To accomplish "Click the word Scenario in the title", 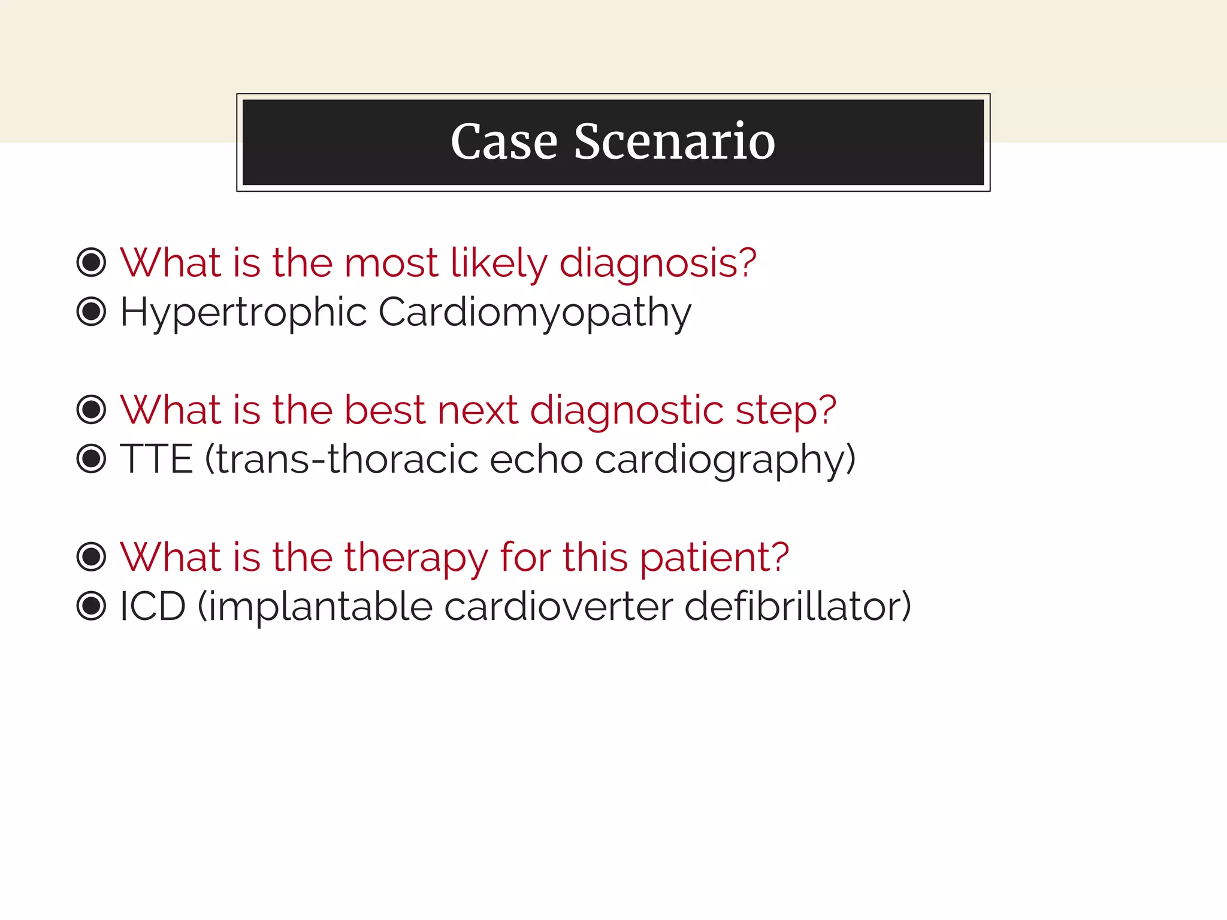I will pyautogui.click(x=675, y=142).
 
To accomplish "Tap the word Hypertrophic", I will pyautogui.click(x=243, y=313).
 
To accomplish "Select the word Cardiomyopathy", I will pyautogui.click(x=534, y=313).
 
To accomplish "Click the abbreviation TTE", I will pyautogui.click(x=156, y=459).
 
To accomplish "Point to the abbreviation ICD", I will pyautogui.click(x=153, y=606).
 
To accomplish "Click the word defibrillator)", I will pyautogui.click(x=797, y=606).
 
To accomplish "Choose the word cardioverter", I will pyautogui.click(x=558, y=606).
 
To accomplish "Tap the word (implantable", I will pyautogui.click(x=315, y=606).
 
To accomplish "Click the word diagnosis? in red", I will pyautogui.click(x=658, y=264).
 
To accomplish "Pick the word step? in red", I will pyautogui.click(x=785, y=410).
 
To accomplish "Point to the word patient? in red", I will pyautogui.click(x=714, y=557).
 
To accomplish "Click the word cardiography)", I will pyautogui.click(x=725, y=459).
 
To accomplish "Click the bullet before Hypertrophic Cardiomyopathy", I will pyautogui.click(x=92, y=312).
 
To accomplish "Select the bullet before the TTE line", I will pyautogui.click(x=92, y=459).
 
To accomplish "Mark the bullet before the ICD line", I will pyautogui.click(x=92, y=606).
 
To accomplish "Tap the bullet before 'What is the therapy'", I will pyautogui.click(x=92, y=556).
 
